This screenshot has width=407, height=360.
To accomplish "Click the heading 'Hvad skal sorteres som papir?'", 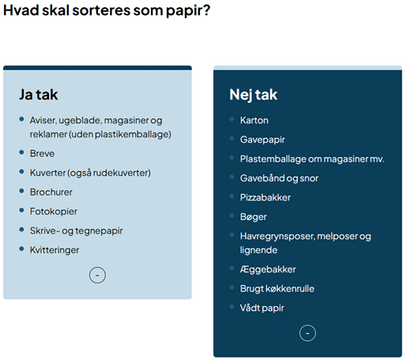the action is [x=107, y=10].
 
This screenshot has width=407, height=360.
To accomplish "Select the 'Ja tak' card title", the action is [x=39, y=95].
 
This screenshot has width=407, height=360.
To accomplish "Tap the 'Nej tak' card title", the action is [x=253, y=95].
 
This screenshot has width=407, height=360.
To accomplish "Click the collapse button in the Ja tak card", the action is [x=97, y=276].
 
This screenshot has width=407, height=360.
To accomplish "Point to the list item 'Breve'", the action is [x=42, y=153].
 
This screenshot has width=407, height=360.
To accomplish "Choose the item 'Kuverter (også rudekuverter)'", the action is [x=90, y=173].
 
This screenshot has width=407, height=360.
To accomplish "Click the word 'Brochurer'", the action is [x=51, y=192].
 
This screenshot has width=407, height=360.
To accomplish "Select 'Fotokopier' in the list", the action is [x=54, y=212].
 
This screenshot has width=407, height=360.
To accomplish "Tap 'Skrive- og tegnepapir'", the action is [x=76, y=231].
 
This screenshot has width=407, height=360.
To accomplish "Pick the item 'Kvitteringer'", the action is [x=55, y=250].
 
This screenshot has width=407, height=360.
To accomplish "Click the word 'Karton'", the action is [x=254, y=121].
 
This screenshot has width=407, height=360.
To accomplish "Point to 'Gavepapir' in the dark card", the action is [x=262, y=140].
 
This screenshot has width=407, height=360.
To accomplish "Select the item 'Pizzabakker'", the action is [x=266, y=197].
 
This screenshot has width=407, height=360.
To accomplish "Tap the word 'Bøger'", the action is [x=254, y=217].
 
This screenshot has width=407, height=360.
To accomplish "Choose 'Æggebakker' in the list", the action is [x=268, y=269].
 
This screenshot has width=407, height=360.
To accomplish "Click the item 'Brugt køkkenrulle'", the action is [x=277, y=289].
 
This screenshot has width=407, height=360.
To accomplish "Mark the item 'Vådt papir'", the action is [x=262, y=308].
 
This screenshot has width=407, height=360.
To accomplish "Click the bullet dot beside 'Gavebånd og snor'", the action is [x=232, y=177].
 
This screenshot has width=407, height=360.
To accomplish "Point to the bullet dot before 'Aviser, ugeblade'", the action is [x=21, y=119].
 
